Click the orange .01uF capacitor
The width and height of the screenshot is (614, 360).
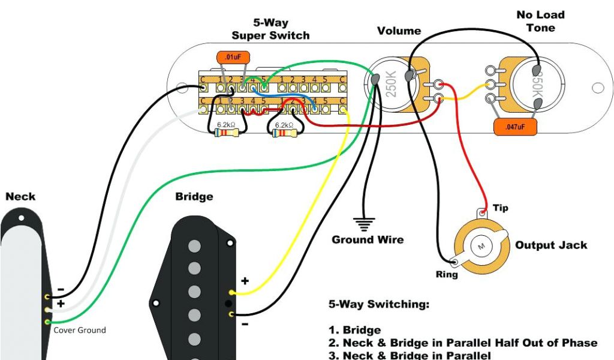coord(231,58)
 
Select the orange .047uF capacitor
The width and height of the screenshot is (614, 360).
coord(515,127)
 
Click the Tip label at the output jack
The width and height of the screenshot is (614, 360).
coord(500,208)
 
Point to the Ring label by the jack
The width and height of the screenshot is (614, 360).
coord(447,274)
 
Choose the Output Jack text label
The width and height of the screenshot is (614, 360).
coord(550,245)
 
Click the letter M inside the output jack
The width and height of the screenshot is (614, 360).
coord(480,246)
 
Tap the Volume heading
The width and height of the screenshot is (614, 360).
coord(399,31)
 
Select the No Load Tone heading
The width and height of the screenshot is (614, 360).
coord(540,21)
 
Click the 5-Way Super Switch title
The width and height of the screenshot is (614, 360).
coord(270,29)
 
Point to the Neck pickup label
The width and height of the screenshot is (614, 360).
coord(20,196)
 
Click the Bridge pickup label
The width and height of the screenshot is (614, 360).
coord(194,196)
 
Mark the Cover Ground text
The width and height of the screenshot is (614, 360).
coord(80,330)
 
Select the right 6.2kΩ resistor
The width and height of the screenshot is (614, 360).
coord(282,133)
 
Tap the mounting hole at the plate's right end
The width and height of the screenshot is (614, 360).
coord(598,88)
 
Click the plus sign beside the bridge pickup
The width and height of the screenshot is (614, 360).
coord(245,281)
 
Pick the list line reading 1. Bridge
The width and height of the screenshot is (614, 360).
coord(354,330)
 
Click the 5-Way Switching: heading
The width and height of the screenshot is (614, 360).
coord(378,304)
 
